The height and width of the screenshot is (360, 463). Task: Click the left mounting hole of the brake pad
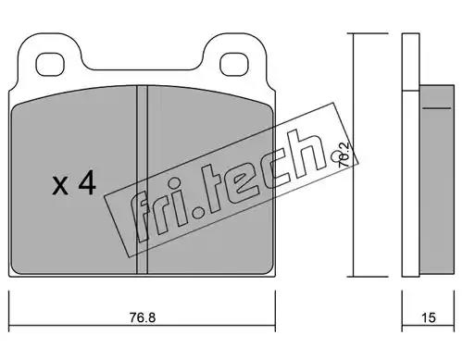[x=50, y=65]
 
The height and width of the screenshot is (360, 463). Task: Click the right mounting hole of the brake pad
[x=234, y=65]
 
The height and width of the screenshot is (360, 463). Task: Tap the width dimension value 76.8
[x=143, y=317]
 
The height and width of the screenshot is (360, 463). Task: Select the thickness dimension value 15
[x=429, y=317]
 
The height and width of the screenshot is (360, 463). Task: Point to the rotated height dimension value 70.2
[x=344, y=155]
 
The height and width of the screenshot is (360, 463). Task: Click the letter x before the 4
[x=60, y=186]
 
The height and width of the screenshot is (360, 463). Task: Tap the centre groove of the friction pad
[x=142, y=180]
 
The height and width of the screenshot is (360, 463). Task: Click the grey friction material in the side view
[x=437, y=180]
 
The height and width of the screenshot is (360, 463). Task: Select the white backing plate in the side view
[x=410, y=155]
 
